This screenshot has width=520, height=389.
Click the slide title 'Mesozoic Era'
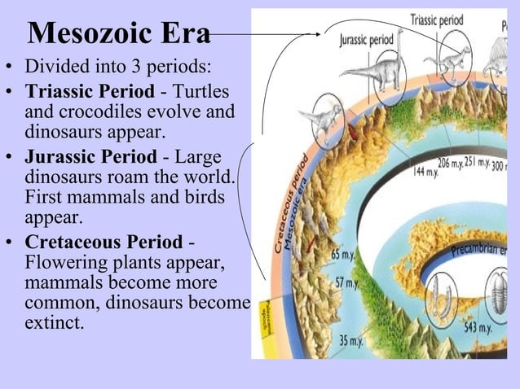coord(119,34)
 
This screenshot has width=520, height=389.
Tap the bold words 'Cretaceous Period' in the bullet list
coord(104,243)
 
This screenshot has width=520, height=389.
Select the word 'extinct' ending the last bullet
coord(52,322)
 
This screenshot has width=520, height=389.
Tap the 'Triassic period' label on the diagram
coord(437,20)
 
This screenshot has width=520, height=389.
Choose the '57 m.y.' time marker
coord(346,283)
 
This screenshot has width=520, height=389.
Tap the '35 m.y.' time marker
coord(350,341)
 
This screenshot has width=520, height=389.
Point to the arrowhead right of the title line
coord(315,34)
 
